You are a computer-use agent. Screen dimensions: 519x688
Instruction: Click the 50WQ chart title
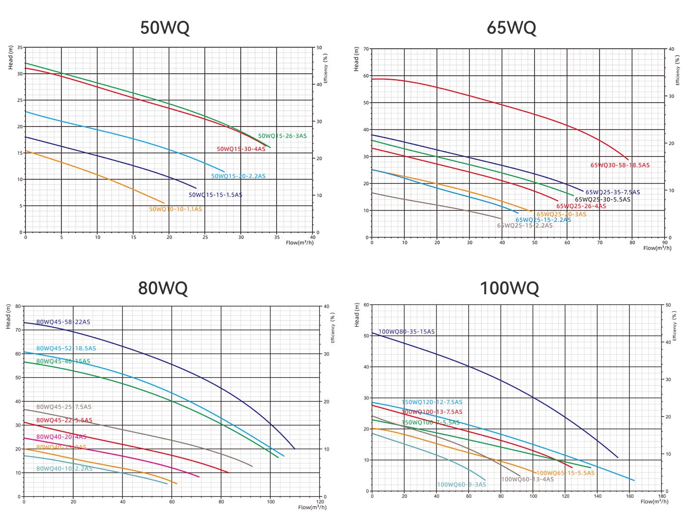tap(165, 28)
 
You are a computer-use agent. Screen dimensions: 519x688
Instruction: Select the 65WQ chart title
tap(511, 28)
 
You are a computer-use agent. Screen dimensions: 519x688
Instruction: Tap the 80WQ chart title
tap(163, 288)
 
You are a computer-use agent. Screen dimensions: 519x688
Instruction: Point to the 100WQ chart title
tap(509, 288)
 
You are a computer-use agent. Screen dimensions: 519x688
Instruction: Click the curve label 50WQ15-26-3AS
tap(282, 136)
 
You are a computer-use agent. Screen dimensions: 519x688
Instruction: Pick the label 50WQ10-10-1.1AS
tap(175, 209)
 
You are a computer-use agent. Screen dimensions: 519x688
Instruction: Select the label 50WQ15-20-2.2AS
tap(238, 176)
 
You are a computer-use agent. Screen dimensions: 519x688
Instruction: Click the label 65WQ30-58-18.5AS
tap(620, 165)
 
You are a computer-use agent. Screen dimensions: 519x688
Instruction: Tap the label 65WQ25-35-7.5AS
tap(612, 192)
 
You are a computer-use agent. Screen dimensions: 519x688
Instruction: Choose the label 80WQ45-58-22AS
tap(63, 322)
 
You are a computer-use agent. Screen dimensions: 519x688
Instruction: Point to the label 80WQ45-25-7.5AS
tap(64, 407)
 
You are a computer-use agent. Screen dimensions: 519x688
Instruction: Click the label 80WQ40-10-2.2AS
tap(64, 469)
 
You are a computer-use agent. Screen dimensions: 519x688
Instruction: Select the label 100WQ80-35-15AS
tap(406, 332)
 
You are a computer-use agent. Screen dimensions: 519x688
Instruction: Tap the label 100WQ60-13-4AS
tap(527, 479)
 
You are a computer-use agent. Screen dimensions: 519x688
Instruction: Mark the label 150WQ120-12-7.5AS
tap(432, 402)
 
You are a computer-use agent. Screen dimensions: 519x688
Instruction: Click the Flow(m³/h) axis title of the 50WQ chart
tap(299, 243)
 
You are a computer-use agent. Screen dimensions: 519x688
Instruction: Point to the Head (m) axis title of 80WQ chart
tap(8, 317)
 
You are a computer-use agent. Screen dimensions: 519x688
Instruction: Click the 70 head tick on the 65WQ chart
tap(366, 49)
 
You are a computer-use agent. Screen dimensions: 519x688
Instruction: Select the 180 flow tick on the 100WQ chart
tap(662, 496)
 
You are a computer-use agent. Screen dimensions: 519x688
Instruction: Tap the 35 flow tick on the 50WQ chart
tap(277, 237)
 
